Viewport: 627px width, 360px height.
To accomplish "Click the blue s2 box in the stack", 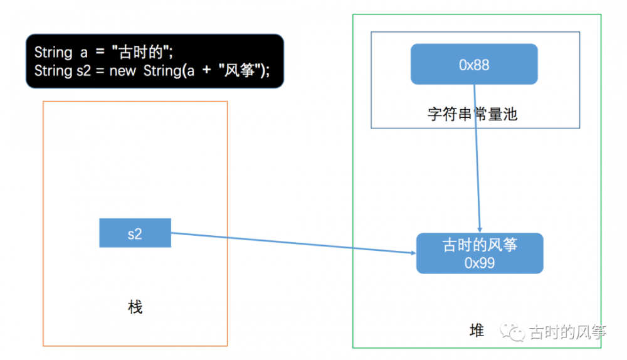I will point(135,233).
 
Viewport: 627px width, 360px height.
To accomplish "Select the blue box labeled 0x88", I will point(474,64).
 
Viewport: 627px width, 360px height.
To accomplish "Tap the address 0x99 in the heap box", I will point(480,263).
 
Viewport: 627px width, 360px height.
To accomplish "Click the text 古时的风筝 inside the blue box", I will point(480,245).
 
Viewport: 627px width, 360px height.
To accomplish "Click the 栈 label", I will point(135,307).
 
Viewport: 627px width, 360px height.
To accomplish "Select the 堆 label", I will point(477,331).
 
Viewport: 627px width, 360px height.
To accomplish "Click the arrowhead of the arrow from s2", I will point(413,253).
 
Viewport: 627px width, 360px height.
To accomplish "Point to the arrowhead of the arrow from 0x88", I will point(480,230).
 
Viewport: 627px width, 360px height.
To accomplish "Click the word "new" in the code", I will point(122,70).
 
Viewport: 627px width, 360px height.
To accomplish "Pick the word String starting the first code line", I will point(53,52).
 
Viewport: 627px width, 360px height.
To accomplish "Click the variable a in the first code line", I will point(83,53).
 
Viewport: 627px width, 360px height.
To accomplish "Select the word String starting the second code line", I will point(53,70).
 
